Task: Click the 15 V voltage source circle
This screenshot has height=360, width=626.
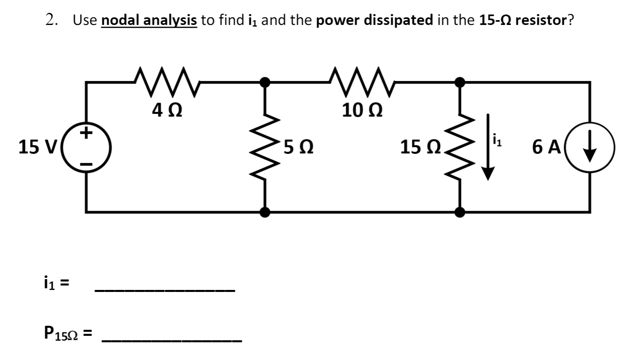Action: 85,147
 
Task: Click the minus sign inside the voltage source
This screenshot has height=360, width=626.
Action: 86,164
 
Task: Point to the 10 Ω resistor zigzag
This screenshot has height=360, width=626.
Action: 362,83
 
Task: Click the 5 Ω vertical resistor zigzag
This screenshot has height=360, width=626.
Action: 265,147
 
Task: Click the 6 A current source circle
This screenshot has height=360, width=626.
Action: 590,147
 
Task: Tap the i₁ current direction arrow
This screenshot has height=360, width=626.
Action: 488,147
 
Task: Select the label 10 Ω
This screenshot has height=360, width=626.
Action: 362,110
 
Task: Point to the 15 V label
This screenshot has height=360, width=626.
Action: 38,147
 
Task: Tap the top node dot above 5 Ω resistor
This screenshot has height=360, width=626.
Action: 265,82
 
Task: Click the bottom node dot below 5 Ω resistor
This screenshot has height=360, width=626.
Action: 265,212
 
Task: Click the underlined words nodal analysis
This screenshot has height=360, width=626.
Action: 149,20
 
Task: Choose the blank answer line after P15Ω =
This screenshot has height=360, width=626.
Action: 171,340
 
